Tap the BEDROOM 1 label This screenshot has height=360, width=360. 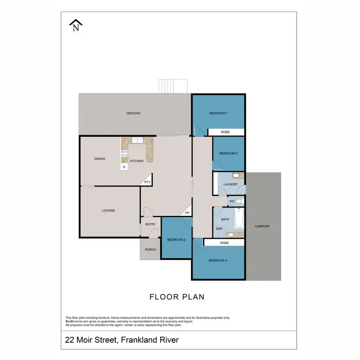pos(218,113)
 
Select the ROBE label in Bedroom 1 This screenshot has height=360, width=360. pos(225,132)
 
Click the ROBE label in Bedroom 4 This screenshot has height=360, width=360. pos(224,243)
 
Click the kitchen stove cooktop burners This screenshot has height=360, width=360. pos(124,154)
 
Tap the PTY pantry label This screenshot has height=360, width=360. pos(147,182)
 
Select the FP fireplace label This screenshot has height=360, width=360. pos(187,213)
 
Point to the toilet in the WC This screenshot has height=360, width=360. pos(239,201)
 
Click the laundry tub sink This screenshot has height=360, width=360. pos(236,176)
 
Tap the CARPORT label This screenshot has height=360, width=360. pos(262,226)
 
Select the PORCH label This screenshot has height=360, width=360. pos(150,250)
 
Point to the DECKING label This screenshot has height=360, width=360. pos(133,113)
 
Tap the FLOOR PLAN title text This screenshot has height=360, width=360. pos(177,297)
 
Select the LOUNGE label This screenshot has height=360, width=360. pos(108,210)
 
